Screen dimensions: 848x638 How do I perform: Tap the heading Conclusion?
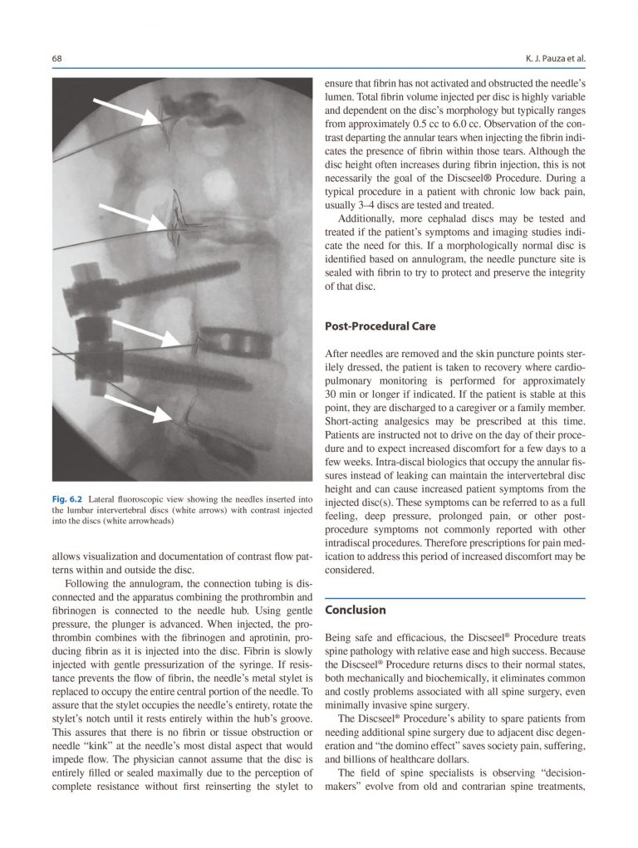point(356,610)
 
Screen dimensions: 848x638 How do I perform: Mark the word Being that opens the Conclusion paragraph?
point(339,636)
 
